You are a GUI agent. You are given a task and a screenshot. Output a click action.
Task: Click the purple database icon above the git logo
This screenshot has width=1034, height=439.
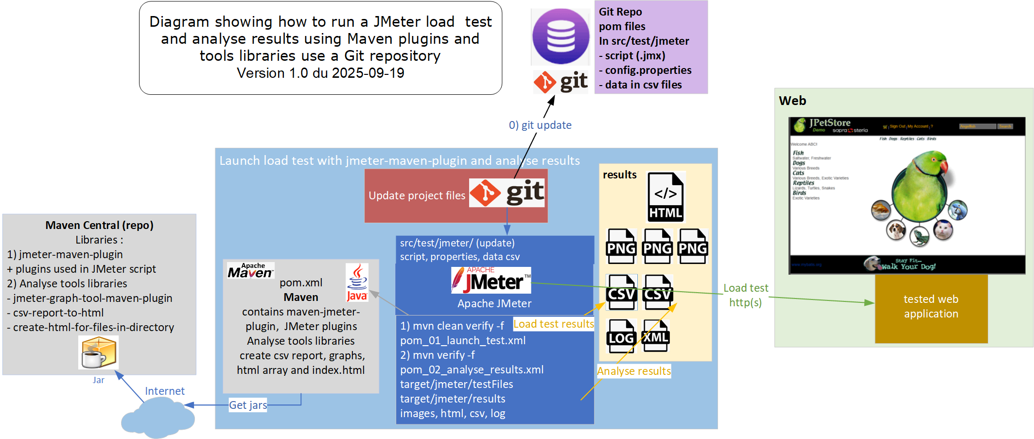tap(561, 36)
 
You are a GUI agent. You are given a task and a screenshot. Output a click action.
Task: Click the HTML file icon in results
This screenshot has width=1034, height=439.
tap(666, 197)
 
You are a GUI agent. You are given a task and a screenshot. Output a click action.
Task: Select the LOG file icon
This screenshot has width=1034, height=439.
tap(621, 336)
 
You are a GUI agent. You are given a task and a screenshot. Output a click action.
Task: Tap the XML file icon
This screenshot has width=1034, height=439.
tap(656, 335)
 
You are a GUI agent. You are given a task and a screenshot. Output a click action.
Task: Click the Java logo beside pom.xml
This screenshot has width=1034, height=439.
tap(357, 282)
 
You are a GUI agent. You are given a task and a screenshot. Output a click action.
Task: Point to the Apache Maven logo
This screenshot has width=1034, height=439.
tap(250, 271)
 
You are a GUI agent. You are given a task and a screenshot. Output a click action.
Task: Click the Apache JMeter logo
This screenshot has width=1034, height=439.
tap(491, 281)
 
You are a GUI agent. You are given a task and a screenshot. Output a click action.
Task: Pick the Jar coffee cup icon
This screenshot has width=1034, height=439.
tap(99, 353)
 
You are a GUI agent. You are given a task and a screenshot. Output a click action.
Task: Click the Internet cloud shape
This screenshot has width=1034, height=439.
tap(158, 417)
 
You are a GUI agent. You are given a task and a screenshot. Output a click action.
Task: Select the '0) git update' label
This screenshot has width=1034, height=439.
tap(540, 125)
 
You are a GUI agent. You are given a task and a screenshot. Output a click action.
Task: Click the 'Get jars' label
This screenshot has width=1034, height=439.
tap(248, 405)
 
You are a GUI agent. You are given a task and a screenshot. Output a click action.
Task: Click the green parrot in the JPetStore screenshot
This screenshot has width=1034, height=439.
tap(918, 187)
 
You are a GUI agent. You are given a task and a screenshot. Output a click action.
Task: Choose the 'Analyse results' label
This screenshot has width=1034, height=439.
tap(633, 371)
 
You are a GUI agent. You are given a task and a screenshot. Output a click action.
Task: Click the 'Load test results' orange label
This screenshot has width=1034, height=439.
tap(553, 324)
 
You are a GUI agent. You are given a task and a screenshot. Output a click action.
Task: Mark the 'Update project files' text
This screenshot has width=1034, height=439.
tap(417, 195)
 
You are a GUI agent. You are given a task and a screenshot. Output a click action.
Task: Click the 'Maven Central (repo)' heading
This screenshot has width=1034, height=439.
tap(99, 225)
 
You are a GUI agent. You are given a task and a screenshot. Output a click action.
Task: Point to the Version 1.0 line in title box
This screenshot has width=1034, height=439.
tap(320, 73)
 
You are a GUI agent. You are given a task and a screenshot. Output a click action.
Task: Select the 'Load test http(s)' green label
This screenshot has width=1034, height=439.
tap(745, 295)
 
